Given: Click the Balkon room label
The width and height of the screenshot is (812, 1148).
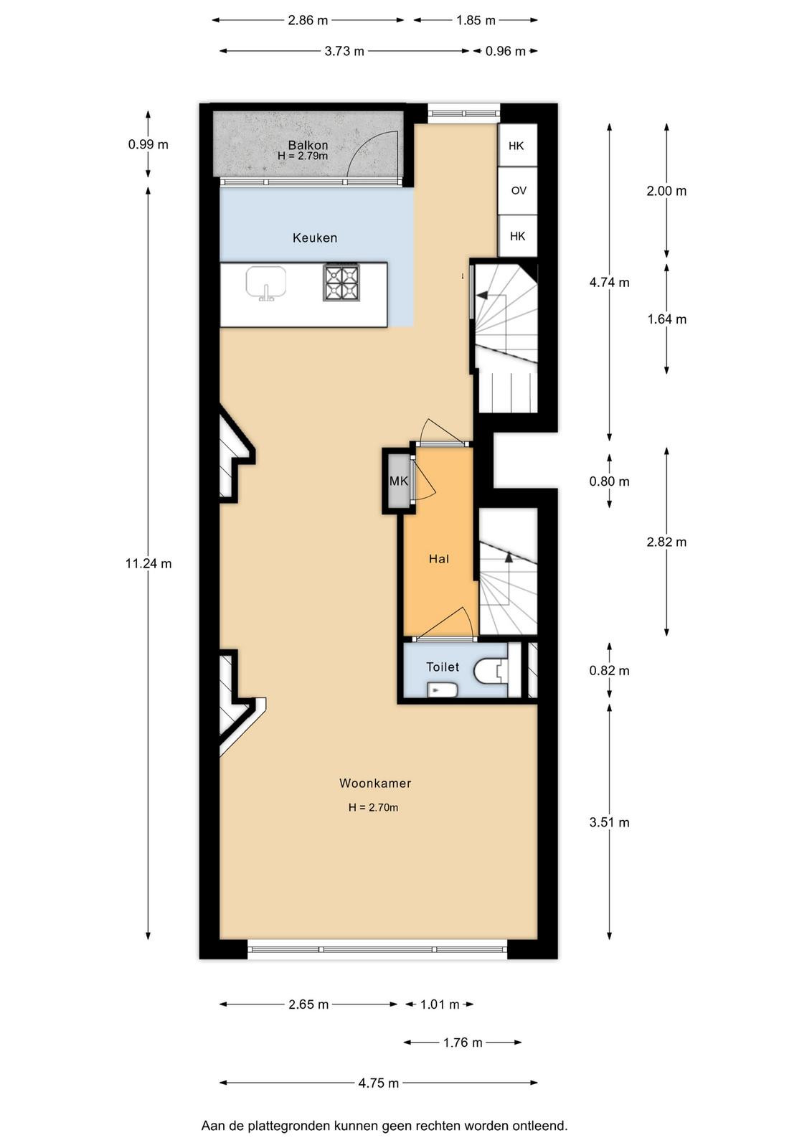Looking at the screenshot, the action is pos(308,145).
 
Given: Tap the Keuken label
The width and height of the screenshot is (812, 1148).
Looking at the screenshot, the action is pos(315,237).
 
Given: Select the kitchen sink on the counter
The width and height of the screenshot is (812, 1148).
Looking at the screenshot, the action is pos(266,283).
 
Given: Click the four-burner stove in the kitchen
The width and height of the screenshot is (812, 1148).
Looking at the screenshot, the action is pos(341,283).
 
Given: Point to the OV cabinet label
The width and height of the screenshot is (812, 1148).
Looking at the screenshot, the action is pos(519,191).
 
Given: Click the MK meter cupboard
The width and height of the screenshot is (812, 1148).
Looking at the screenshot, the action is pos(399,481).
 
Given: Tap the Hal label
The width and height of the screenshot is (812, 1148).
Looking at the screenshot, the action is pos(438,559).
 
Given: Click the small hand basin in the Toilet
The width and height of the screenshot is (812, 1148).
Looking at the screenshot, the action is pos(442,690).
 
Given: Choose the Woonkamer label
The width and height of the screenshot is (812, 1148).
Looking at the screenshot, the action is pos(375,783).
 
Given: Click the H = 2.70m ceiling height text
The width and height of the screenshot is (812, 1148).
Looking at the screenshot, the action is pos(373,808).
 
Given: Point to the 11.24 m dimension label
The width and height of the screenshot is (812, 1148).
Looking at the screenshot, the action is pos(148,564).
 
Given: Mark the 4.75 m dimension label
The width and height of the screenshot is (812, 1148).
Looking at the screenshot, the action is pos(379,1083).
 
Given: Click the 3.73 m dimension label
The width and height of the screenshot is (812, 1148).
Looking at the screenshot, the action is pos(344,51).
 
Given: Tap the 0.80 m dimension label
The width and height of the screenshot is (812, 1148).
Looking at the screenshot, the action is pos(609,481).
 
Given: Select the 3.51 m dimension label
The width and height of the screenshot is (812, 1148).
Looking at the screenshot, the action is pos(609,822).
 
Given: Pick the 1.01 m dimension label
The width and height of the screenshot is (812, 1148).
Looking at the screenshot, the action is pos(440,1004).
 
